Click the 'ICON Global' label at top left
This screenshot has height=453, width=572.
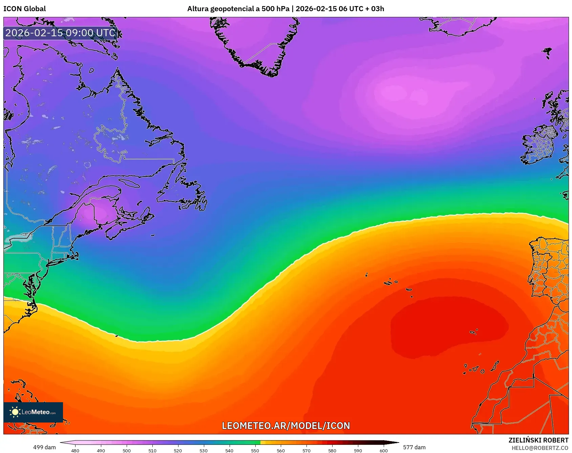pyautogui.click(x=25, y=9)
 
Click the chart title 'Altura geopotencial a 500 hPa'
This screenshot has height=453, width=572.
pyautogui.click(x=238, y=9)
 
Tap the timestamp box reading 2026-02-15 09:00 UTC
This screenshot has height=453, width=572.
pyautogui.click(x=60, y=33)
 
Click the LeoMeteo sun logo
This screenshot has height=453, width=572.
pyautogui.click(x=15, y=412)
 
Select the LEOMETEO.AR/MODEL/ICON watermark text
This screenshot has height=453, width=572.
pyautogui.click(x=286, y=426)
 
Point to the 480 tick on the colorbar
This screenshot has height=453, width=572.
pyautogui.click(x=75, y=450)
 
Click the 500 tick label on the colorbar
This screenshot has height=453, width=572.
pyautogui.click(x=127, y=450)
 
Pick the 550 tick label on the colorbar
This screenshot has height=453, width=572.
pyautogui.click(x=255, y=450)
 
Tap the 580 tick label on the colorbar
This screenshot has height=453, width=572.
pyautogui.click(x=332, y=450)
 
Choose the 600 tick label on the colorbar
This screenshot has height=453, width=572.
pyautogui.click(x=383, y=450)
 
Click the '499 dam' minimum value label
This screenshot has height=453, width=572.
pyautogui.click(x=44, y=447)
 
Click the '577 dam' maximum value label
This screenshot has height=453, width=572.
pyautogui.click(x=414, y=447)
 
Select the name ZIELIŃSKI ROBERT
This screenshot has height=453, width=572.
pyautogui.click(x=538, y=440)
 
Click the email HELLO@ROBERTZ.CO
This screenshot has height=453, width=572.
pyautogui.click(x=540, y=448)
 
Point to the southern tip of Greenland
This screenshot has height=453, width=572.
pyautogui.click(x=271, y=73)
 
